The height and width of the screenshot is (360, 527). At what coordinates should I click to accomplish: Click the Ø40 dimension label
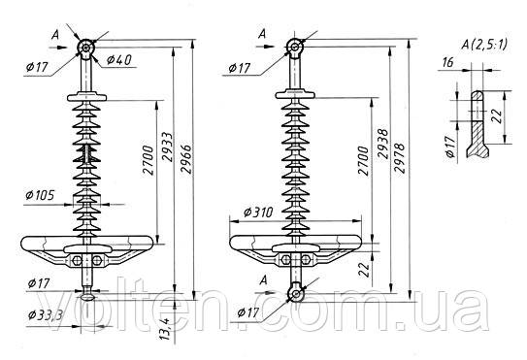[x=119, y=60]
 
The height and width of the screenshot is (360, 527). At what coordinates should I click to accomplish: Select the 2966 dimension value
[x=185, y=159]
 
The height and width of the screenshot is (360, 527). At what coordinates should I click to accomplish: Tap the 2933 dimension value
[x=167, y=147]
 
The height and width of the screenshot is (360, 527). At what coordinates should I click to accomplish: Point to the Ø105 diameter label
[x=40, y=195]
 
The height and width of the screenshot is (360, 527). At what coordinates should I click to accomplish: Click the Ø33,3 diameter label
[x=46, y=315]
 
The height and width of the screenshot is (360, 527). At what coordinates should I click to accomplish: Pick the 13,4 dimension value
[x=165, y=329]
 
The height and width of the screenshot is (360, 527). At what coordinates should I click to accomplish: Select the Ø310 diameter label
[x=258, y=213]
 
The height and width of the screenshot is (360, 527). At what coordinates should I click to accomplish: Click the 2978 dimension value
[x=400, y=158]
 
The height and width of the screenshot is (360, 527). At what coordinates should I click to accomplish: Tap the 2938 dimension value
[x=382, y=144]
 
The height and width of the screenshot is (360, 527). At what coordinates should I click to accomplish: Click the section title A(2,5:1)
[x=484, y=45]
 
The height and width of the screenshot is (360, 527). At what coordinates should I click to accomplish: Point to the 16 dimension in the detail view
[x=447, y=62]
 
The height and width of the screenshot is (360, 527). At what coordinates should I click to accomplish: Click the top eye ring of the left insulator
[x=85, y=49]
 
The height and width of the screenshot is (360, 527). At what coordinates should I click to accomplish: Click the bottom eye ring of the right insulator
[x=296, y=294]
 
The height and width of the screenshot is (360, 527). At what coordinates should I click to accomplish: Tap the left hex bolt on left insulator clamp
[x=77, y=260]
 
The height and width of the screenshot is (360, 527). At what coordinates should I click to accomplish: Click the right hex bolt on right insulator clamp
[x=306, y=259]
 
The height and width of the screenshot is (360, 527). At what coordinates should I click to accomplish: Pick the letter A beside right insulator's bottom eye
[x=264, y=279]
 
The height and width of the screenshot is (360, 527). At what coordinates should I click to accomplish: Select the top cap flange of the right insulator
[x=295, y=94]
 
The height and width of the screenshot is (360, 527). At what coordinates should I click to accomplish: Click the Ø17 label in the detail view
[x=450, y=147]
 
